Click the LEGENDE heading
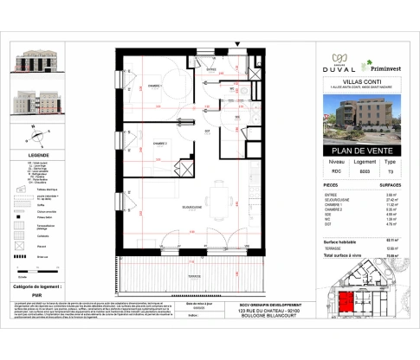38,156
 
